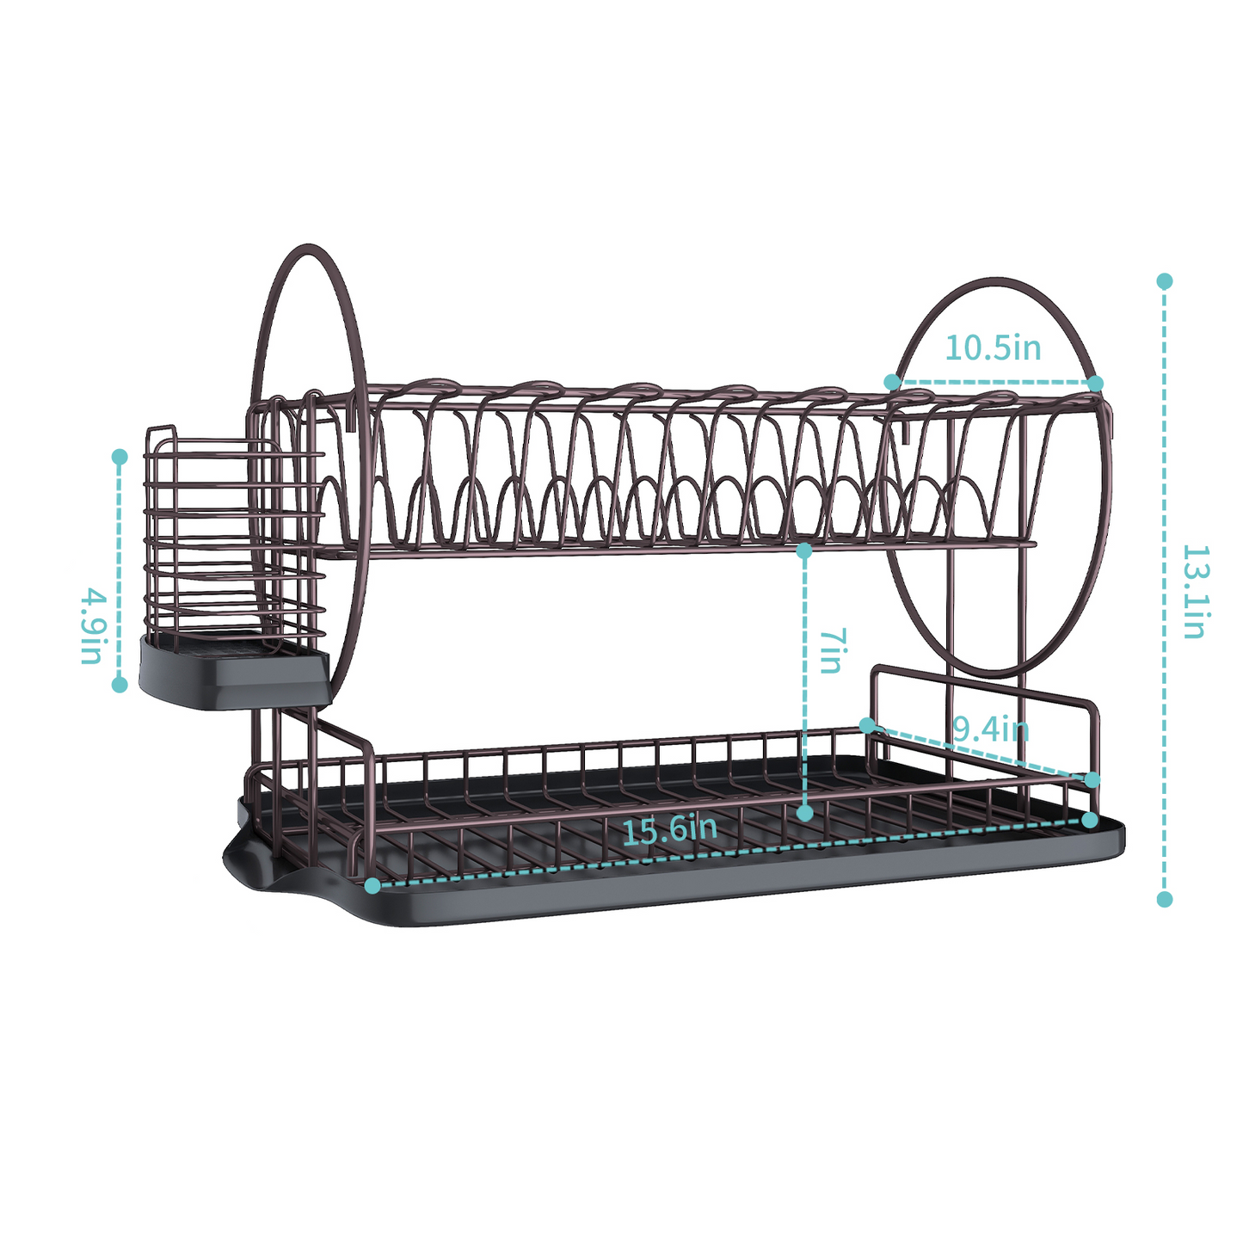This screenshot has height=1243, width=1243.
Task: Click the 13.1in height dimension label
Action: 1195,592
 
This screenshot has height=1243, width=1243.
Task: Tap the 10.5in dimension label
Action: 993,348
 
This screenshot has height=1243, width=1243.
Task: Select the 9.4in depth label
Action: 991,729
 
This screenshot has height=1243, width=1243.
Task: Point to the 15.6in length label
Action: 669,829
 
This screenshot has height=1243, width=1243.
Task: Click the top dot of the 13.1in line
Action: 1165,281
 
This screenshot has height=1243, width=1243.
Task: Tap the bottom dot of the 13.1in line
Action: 1165,899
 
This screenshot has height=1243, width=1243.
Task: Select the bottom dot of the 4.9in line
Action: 120,685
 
